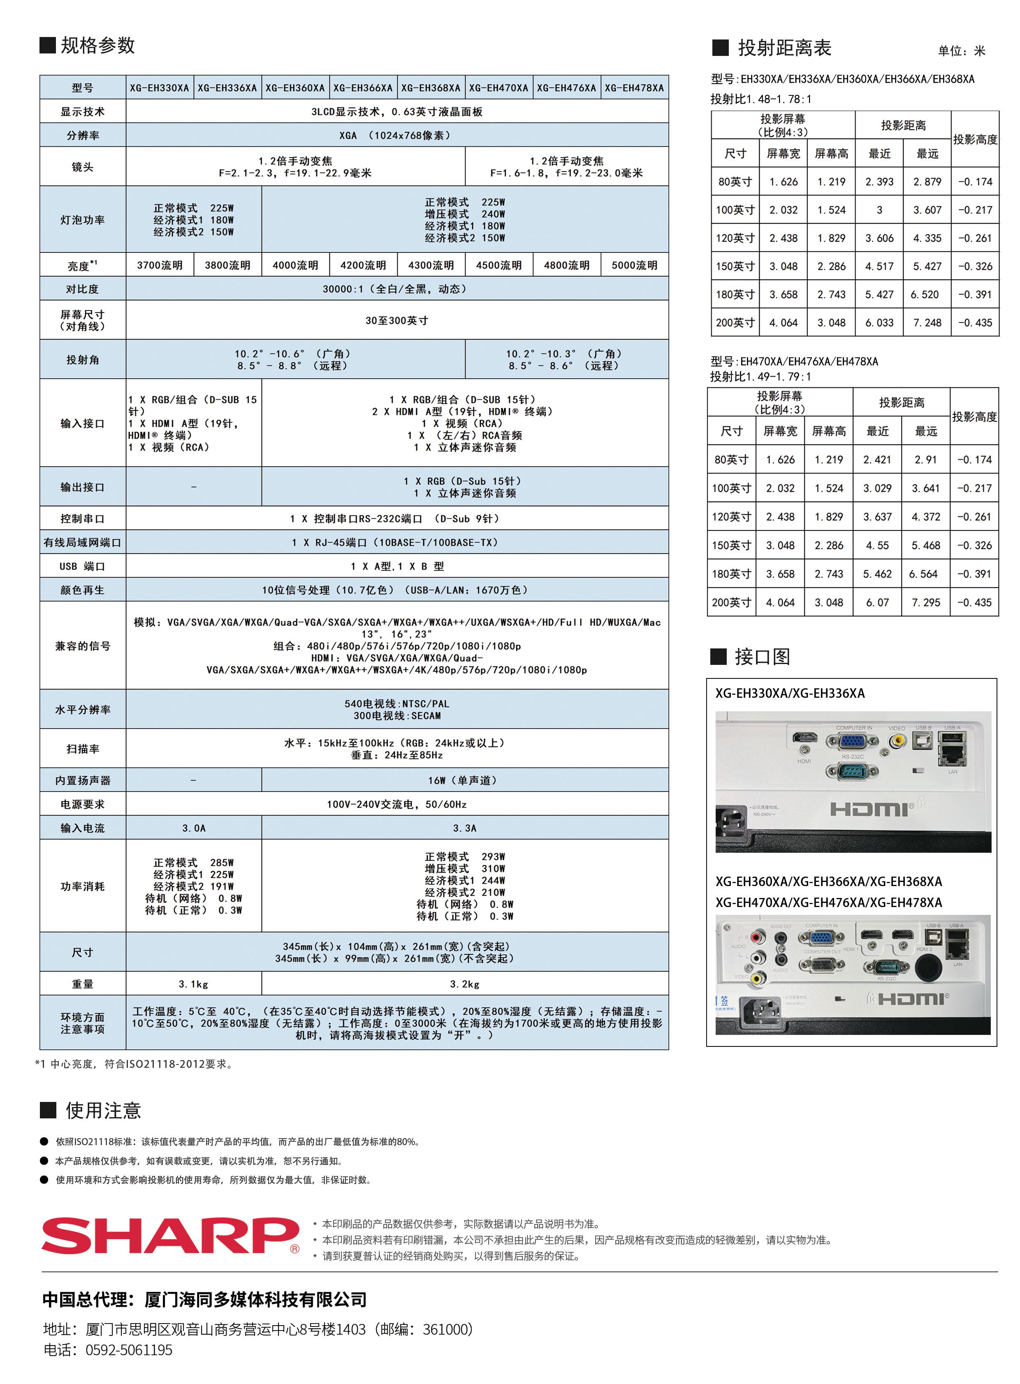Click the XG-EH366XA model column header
[x=363, y=88]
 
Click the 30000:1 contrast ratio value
[x=396, y=289]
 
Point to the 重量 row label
[x=82, y=984]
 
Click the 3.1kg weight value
[x=193, y=984]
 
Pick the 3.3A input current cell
[x=464, y=828]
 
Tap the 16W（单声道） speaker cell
[x=464, y=780]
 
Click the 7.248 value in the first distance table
[x=927, y=322]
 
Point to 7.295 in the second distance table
[x=925, y=602]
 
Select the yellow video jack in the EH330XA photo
[x=897, y=740]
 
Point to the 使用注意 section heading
[x=103, y=1111]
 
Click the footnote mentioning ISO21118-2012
[x=134, y=1064]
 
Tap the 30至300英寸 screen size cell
[x=396, y=320]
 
